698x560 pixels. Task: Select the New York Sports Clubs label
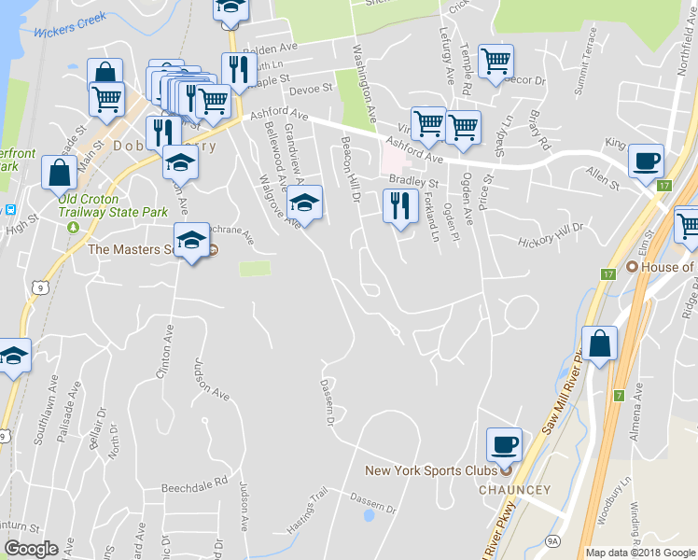(430, 470)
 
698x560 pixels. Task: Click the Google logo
(31, 549)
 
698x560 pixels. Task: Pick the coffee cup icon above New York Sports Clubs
(504, 443)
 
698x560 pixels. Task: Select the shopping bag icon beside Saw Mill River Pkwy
(599, 343)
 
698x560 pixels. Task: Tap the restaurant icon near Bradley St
(400, 205)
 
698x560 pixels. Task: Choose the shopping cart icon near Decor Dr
(496, 62)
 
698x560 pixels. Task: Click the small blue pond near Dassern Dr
(370, 514)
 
